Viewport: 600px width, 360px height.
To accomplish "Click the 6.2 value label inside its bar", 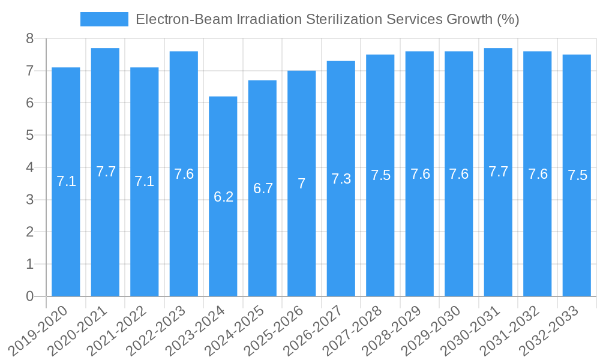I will pyautogui.click(x=223, y=196).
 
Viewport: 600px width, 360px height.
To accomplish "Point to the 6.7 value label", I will pyautogui.click(x=263, y=188).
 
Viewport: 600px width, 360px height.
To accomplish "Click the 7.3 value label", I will pyautogui.click(x=341, y=179).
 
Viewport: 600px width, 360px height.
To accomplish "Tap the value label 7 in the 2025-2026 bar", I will pyautogui.click(x=302, y=184).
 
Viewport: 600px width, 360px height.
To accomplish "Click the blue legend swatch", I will pyautogui.click(x=104, y=19).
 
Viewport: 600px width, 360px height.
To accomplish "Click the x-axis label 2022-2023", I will pyautogui.click(x=161, y=330).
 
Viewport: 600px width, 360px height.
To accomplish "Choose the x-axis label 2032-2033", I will pyautogui.click(x=554, y=330).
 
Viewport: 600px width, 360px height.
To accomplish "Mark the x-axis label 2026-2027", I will pyautogui.click(x=319, y=330).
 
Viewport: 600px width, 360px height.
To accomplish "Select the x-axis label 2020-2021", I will pyautogui.click(x=83, y=330).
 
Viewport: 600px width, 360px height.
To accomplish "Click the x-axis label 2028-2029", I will pyautogui.click(x=397, y=330).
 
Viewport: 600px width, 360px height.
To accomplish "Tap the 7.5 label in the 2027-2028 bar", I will pyautogui.click(x=380, y=175).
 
